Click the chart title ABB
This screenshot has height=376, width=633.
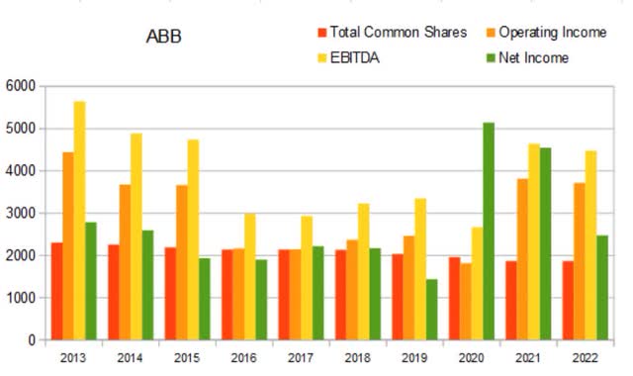pos(164,38)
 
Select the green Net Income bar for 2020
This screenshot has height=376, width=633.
pos(488,232)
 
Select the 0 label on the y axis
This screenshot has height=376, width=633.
pos(31,340)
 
